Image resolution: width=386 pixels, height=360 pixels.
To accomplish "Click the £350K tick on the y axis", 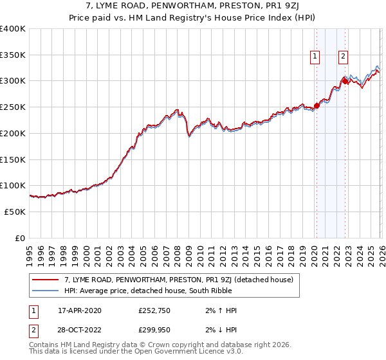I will pyautogui.click(x=13, y=55).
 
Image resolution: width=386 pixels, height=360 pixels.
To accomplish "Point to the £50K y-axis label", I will pyautogui.click(x=15, y=212).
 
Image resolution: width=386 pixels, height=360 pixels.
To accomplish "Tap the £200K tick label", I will pyautogui.click(x=13, y=133).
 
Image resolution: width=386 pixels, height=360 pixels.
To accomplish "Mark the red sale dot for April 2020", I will pyautogui.click(x=317, y=106).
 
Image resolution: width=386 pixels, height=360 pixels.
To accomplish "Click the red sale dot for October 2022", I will pyautogui.click(x=345, y=81).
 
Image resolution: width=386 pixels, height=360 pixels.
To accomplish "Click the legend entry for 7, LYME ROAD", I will pyautogui.click(x=178, y=280).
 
